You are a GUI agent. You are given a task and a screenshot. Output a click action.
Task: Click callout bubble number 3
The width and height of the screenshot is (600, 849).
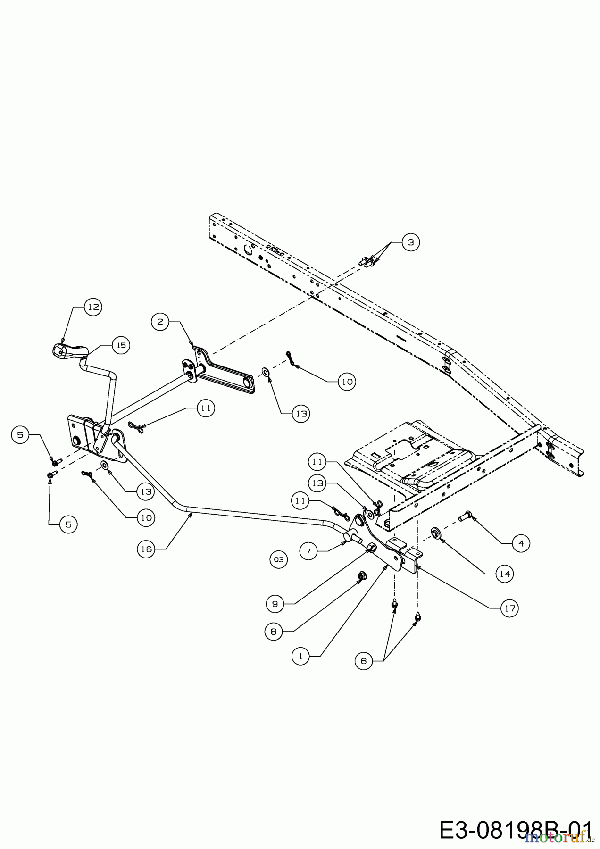(411, 242)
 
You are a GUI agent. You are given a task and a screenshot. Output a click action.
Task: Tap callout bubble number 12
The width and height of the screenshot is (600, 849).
(93, 307)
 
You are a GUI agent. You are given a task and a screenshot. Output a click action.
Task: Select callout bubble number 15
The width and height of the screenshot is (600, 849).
(121, 345)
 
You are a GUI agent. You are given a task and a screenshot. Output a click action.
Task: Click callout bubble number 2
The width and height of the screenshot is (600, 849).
(160, 322)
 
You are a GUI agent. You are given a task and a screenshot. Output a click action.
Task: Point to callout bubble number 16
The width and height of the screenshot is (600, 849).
(147, 549)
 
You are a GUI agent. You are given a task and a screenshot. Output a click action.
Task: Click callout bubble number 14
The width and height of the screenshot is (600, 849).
(505, 574)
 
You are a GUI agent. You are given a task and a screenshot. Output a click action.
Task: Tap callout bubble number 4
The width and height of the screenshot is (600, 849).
(521, 543)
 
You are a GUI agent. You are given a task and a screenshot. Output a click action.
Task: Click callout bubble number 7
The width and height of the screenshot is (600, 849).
(308, 551)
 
